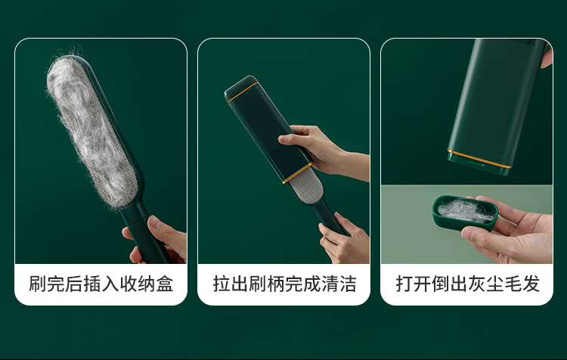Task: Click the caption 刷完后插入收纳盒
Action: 101,284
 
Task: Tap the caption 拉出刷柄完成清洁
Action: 283,284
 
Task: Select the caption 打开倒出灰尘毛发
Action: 467,284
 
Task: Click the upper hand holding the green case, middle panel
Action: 318,147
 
